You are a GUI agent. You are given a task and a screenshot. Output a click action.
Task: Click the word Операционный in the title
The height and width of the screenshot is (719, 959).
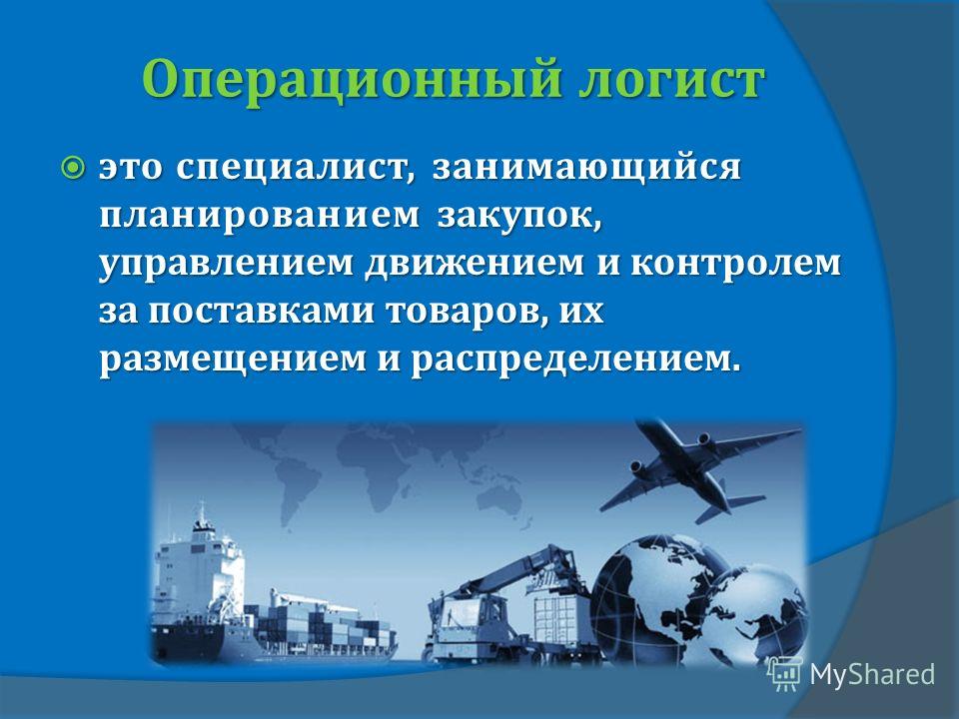(351, 81)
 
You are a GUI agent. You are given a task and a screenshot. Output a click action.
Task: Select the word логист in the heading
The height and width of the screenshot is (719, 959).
(671, 81)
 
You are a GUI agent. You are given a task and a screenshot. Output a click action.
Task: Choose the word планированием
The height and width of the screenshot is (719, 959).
(260, 217)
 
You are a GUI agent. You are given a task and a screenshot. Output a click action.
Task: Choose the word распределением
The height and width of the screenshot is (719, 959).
(575, 360)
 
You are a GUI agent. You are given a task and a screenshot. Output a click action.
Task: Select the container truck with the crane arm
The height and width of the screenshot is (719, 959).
(507, 605)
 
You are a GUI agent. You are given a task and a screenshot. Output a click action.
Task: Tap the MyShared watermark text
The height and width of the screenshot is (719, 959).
(872, 674)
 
